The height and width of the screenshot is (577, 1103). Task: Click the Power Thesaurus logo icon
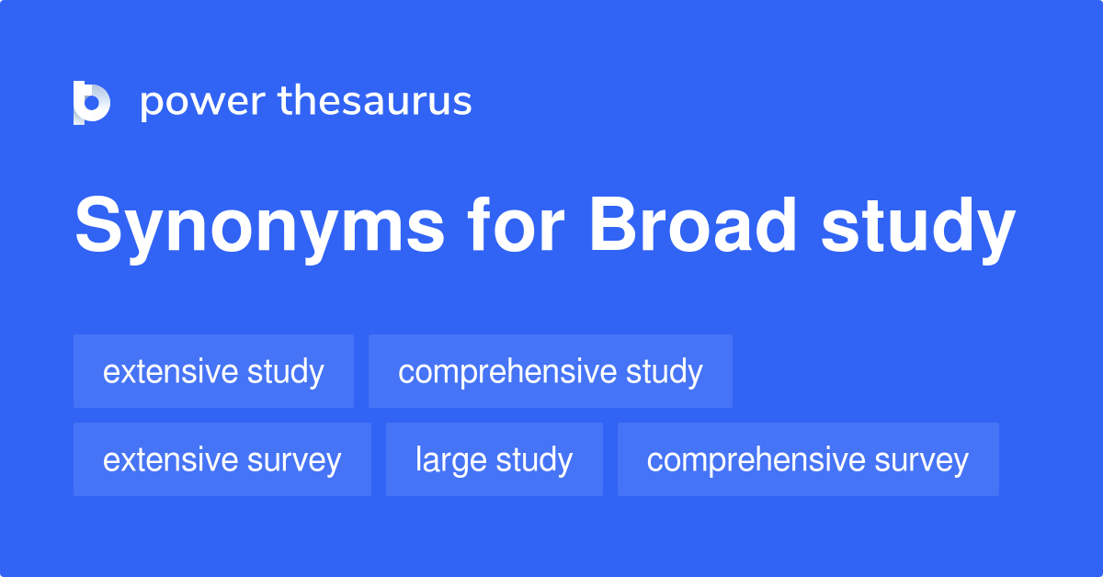[x=92, y=102]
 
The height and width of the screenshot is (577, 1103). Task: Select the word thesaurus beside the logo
[x=375, y=102]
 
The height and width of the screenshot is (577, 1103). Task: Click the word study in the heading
[x=917, y=227]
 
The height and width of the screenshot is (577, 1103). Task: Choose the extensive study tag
[x=213, y=371]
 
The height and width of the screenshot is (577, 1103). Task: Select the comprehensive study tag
[x=550, y=371]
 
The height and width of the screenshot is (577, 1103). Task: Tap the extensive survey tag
[x=222, y=459]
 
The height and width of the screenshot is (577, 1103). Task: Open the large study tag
[x=494, y=459]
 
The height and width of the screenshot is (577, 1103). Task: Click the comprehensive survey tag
[x=807, y=459]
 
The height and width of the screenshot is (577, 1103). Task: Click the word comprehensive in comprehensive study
[x=506, y=372]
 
